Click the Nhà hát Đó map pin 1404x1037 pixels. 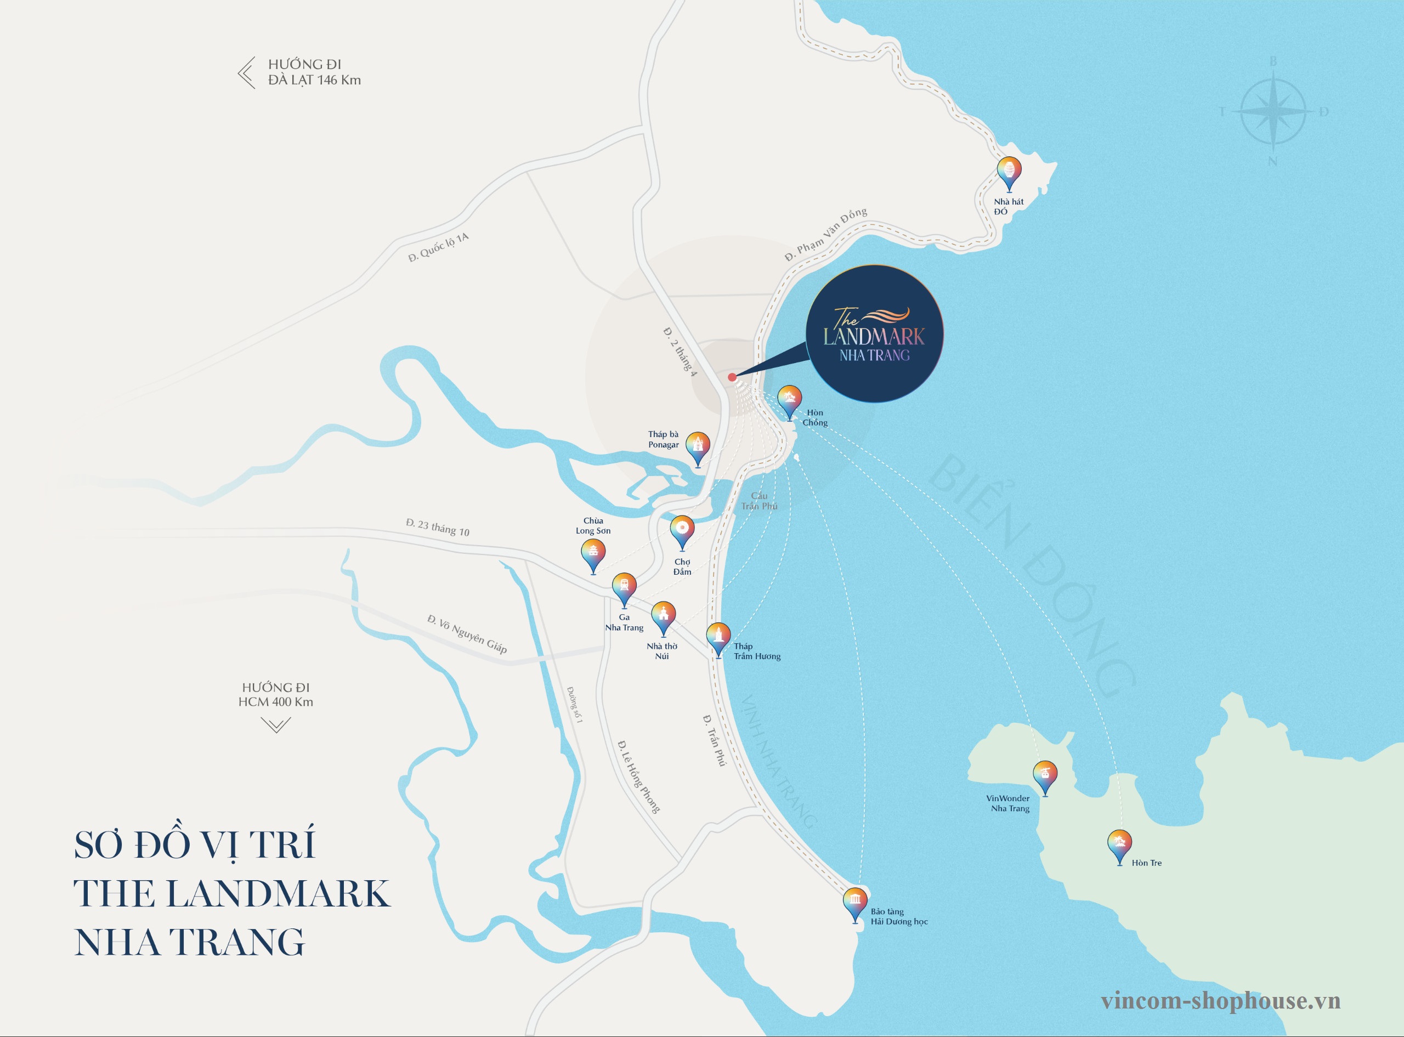coord(1009,171)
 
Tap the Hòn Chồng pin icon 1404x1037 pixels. coord(789,400)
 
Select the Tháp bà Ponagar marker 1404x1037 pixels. coord(697,446)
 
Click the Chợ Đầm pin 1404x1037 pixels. coord(682,530)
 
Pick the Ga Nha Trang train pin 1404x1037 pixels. coord(624,587)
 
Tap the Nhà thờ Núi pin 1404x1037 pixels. coord(663,616)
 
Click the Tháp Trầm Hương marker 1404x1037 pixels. coord(718,637)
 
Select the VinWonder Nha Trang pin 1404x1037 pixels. coord(1044,775)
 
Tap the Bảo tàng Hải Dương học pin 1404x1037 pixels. coord(855,903)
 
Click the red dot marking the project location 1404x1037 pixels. coord(732,377)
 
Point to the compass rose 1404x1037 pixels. coord(1273,112)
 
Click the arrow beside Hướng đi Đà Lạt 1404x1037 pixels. coord(247,72)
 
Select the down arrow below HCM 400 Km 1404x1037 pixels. coord(275,726)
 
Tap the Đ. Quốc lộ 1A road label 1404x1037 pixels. coord(438,247)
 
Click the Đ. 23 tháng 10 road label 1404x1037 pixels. coord(438,528)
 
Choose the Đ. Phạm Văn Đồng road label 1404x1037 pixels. coord(825,234)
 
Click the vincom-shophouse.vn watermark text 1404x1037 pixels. coord(1220,1001)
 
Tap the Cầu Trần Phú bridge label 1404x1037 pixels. coord(759,501)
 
